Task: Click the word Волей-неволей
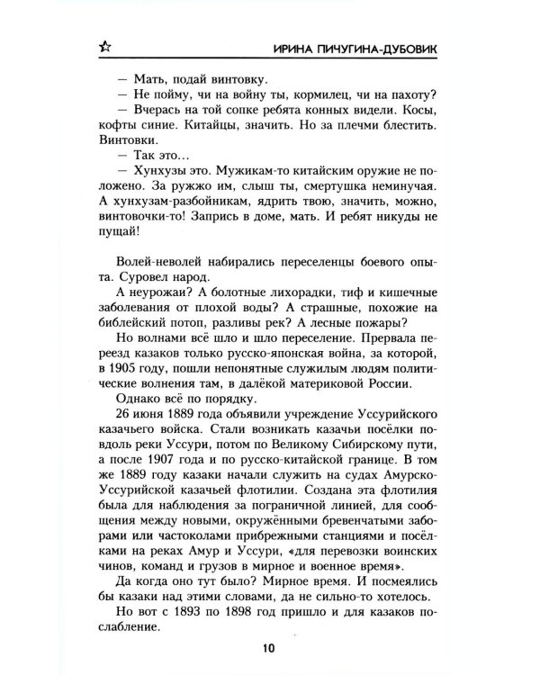click(x=161, y=262)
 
